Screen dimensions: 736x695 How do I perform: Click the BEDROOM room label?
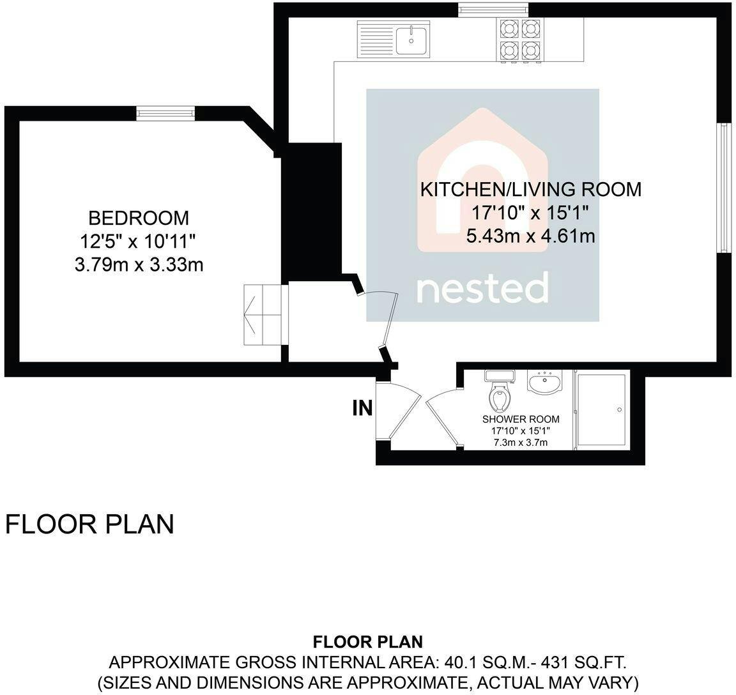click(139, 218)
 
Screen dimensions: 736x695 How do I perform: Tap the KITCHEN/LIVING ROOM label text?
click(530, 189)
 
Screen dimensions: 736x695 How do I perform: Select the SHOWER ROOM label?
click(521, 419)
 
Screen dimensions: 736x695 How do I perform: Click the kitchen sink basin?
click(411, 41)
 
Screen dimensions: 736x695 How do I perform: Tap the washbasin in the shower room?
click(544, 382)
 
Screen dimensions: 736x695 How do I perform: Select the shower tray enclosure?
click(601, 409)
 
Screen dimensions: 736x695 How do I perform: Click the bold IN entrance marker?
click(362, 408)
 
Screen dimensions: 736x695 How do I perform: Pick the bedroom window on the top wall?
click(165, 114)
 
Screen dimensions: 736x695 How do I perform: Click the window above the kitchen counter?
click(493, 10)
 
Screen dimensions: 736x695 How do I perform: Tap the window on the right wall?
click(724, 188)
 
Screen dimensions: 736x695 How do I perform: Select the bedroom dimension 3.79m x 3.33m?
click(139, 265)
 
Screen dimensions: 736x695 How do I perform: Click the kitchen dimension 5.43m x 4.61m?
click(530, 236)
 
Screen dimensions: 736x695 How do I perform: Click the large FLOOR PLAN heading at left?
click(89, 524)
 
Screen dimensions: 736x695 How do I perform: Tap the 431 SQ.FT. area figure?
click(584, 662)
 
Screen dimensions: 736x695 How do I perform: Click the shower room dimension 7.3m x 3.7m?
click(521, 442)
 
